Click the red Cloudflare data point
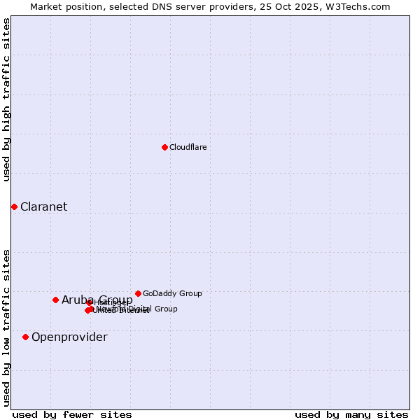pos(164,147)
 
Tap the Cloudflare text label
pos(188,148)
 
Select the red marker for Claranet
pos(14,206)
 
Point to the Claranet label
pos(43,207)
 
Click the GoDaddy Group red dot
pos(138,293)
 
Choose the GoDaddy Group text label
pos(172,294)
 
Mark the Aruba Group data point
pos(55,300)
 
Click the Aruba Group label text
pos(97,300)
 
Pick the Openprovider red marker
pos(25,337)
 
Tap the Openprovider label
pos(69,337)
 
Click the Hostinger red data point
pos(90,302)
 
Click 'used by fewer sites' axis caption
pos(72,414)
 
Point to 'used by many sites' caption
pos(351,414)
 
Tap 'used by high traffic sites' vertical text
pos(6,99)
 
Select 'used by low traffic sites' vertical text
pos(6,327)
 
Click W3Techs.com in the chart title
pos(361,6)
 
